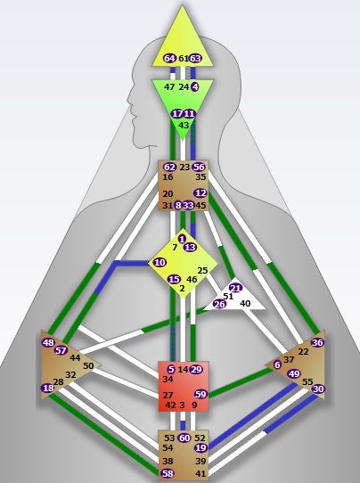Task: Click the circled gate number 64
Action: [x=169, y=58]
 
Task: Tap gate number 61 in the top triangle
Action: [x=184, y=58]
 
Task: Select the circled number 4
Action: [x=195, y=86]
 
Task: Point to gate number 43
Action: [x=184, y=126]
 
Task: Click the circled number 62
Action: [x=169, y=167]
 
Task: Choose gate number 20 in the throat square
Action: [x=168, y=193]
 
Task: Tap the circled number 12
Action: [x=200, y=193]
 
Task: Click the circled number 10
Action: [x=160, y=263]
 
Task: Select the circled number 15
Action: [x=174, y=280]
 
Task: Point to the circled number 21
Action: [x=236, y=288]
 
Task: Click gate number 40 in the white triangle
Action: [x=245, y=303]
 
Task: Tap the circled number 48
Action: [x=48, y=342]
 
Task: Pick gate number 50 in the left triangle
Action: [x=88, y=365]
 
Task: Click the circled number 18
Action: [x=48, y=388]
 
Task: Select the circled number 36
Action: [x=317, y=342]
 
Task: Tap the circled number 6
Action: [x=277, y=364]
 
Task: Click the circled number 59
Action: [x=200, y=394]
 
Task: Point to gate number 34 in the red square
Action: [x=168, y=380]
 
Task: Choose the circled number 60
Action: [x=184, y=438]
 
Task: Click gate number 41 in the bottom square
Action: [x=200, y=473]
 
